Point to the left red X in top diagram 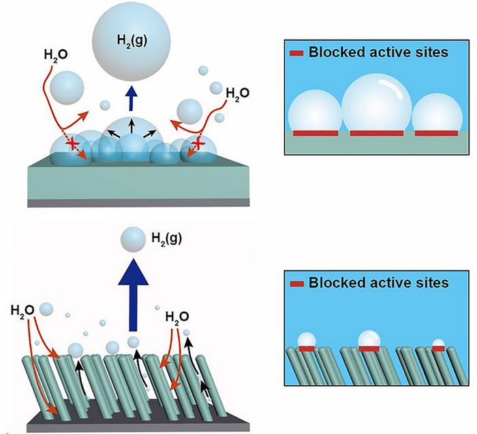pos(72,143)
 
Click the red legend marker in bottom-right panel pos(297,283)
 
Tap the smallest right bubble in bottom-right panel pos(439,343)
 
